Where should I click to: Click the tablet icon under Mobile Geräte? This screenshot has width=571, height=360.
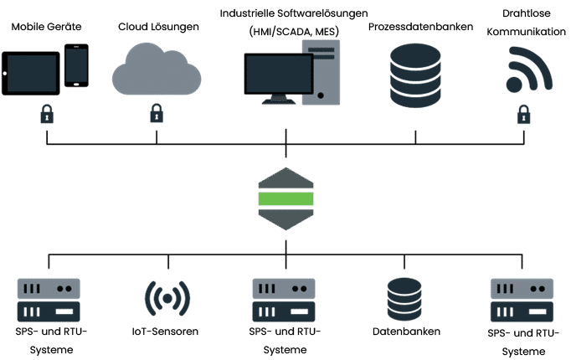(31, 73)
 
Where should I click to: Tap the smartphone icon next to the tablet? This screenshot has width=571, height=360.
(76, 65)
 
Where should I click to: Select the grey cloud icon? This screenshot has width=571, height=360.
(157, 69)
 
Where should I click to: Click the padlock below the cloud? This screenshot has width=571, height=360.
(157, 113)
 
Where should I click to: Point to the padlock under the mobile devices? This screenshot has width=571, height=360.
(47, 114)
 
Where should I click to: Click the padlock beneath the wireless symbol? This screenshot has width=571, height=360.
(523, 115)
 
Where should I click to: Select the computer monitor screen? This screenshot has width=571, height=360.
(279, 74)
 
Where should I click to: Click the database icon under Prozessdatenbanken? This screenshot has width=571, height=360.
(415, 75)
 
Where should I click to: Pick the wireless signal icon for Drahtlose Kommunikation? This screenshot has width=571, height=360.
(529, 69)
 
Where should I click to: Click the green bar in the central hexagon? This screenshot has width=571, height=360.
(285, 198)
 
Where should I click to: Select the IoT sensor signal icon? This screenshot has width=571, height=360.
(167, 299)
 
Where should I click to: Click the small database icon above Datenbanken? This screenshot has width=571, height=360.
(404, 299)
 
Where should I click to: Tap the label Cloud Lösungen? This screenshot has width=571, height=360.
(158, 27)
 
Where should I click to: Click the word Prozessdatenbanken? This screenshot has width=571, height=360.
(420, 27)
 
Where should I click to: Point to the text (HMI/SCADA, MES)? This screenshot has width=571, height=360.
(294, 32)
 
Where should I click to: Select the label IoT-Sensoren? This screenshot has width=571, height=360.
(165, 332)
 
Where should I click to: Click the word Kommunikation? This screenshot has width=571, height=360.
(527, 32)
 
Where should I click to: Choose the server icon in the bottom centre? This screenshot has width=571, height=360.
(284, 301)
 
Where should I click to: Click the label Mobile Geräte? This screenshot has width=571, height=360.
(46, 27)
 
